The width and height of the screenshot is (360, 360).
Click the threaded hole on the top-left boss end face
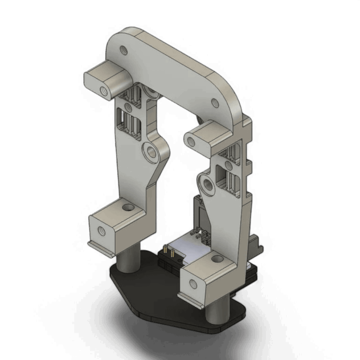104,91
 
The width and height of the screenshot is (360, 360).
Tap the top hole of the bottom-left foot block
129,208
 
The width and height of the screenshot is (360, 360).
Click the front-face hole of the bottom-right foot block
193,283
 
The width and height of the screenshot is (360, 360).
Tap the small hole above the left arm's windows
128,107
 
